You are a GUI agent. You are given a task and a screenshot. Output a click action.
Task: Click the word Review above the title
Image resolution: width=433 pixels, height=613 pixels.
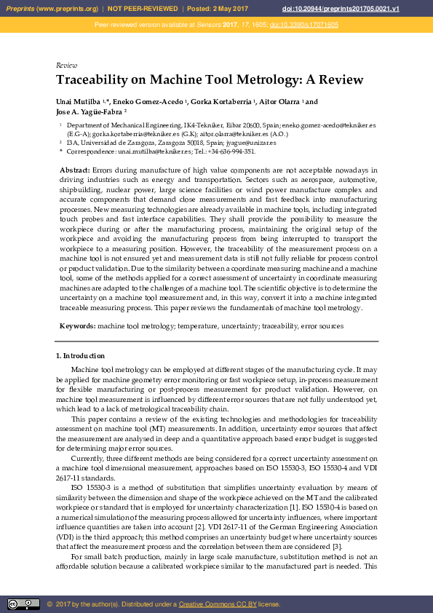coord(66,66)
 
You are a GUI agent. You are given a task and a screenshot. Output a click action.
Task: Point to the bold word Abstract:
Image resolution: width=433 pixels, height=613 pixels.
coord(75,169)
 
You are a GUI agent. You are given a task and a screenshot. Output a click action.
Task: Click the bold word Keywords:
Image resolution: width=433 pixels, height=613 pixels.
coord(77,326)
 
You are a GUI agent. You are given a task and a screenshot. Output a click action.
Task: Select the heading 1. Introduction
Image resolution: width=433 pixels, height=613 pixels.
coord(81,356)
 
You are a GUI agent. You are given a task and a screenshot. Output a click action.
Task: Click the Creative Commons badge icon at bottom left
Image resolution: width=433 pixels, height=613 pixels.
coord(23,604)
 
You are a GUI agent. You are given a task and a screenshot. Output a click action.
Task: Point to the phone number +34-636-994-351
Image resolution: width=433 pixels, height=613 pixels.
coord(231,151)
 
